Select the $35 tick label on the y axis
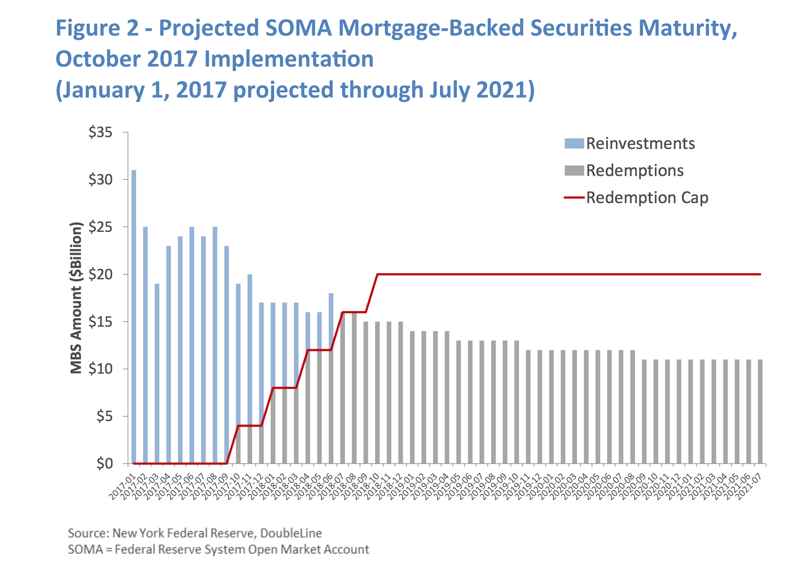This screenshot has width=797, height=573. click(x=100, y=132)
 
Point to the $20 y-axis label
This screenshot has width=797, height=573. click(x=100, y=274)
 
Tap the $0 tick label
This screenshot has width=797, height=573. click(x=104, y=463)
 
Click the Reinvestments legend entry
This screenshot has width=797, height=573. click(x=640, y=143)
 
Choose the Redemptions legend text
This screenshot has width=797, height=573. click(x=635, y=171)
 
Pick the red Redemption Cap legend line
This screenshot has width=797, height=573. click(x=574, y=198)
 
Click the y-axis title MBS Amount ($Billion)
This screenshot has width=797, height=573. click(x=76, y=298)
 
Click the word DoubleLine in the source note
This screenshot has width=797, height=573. click(x=291, y=533)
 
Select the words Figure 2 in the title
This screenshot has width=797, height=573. click(x=97, y=28)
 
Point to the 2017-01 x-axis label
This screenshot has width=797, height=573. click(x=122, y=487)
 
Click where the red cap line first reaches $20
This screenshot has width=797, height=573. click(x=377, y=274)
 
